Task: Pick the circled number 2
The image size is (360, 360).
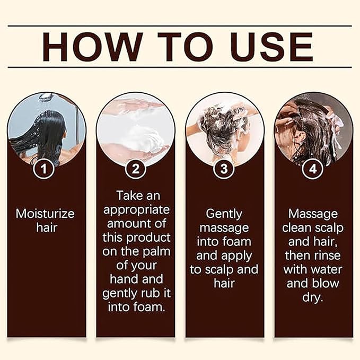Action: point(135,170)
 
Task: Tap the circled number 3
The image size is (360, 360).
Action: point(224,170)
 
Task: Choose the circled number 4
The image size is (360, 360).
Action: point(313,170)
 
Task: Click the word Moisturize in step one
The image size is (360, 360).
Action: point(46,214)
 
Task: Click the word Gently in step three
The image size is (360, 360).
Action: point(224,214)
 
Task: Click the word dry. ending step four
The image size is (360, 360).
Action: point(313,297)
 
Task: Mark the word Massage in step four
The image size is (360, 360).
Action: point(313,214)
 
